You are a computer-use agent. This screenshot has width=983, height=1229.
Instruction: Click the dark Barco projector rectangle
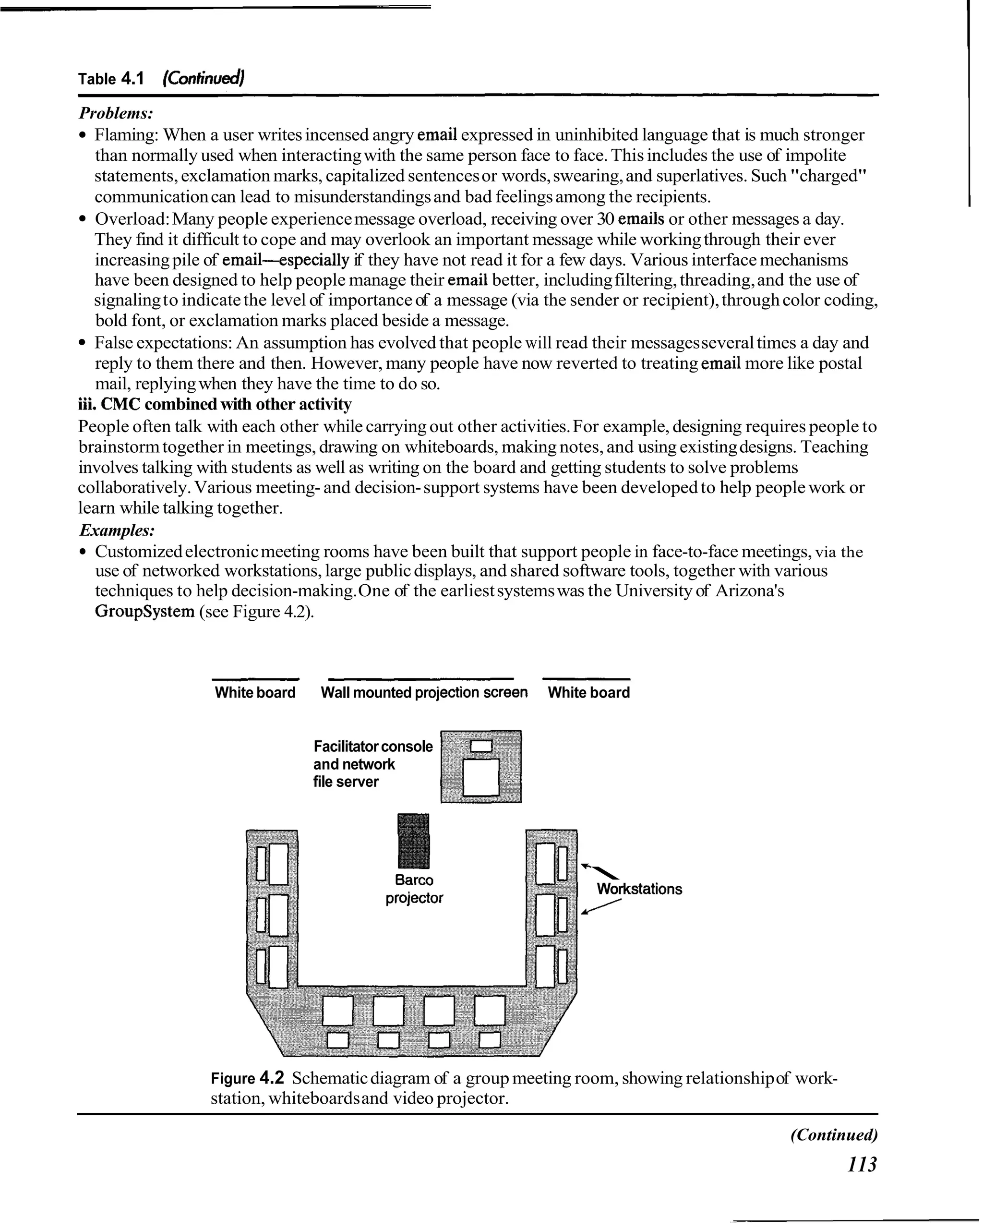click(x=413, y=841)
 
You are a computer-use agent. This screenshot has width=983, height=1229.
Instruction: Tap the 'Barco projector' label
click(x=414, y=889)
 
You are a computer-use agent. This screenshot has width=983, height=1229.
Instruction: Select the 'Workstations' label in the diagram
click(x=639, y=889)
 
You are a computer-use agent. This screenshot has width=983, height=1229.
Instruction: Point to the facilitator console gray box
click(x=481, y=766)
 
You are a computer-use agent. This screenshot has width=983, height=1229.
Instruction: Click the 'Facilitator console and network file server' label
click(x=372, y=764)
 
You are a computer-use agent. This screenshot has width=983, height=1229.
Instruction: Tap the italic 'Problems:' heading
click(x=116, y=113)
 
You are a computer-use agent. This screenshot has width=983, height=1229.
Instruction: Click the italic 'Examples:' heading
click(x=117, y=530)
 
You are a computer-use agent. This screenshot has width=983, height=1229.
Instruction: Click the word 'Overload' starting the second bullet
click(x=131, y=219)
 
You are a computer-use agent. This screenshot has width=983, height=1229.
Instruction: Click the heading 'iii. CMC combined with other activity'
click(x=215, y=404)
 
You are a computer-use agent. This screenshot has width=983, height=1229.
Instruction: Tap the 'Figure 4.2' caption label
click(x=247, y=1078)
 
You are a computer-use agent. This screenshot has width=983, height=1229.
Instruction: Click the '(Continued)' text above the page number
click(x=834, y=1134)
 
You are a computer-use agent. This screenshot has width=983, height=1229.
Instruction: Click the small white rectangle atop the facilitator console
click(x=481, y=746)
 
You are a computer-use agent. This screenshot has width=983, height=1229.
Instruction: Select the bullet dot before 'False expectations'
click(x=83, y=343)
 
